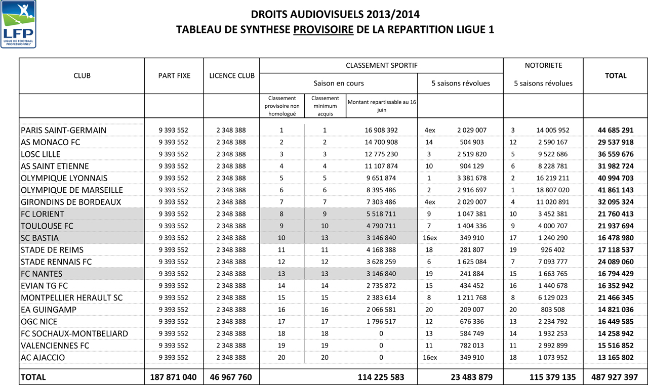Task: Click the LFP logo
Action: click(19, 24)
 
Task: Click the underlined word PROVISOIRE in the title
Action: click(323, 29)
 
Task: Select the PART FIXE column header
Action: click(174, 76)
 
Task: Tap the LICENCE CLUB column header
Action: click(232, 76)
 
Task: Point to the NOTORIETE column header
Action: click(543, 65)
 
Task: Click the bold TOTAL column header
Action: click(616, 76)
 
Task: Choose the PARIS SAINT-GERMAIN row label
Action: click(63, 130)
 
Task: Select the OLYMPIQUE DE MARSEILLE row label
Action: click(72, 190)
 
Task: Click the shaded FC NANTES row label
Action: click(42, 274)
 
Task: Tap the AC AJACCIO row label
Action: click(43, 358)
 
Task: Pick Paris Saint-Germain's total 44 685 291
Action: click(615, 130)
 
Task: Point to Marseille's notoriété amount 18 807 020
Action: click(552, 190)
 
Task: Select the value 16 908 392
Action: click(381, 130)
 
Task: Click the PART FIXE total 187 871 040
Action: click(174, 377)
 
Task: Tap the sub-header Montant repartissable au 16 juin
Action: click(382, 105)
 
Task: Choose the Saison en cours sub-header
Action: click(339, 83)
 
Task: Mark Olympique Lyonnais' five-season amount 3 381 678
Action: click(471, 178)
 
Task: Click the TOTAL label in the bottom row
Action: click(33, 377)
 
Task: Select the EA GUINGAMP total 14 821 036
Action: click(615, 310)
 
